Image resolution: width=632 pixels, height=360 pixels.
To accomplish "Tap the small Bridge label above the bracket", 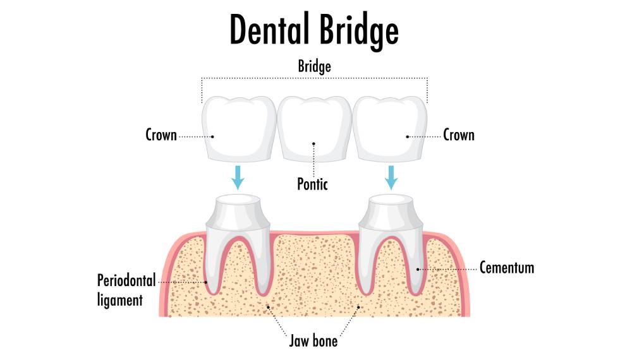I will click(315, 66).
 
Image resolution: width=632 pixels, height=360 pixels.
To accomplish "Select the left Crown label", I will click(161, 135).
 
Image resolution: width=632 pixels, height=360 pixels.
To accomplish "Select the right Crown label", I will click(459, 135).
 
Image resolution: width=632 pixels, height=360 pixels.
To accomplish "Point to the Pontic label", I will click(313, 184).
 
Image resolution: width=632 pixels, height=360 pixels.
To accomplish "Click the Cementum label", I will click(507, 268).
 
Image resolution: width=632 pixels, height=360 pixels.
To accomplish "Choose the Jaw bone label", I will click(314, 342).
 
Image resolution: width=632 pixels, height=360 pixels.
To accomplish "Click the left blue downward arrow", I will click(238, 177).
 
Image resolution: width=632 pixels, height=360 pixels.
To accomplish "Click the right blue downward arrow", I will click(392, 177).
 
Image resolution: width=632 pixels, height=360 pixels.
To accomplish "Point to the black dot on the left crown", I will click(213, 136).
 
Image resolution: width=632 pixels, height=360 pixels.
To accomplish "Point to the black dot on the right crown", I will click(408, 136).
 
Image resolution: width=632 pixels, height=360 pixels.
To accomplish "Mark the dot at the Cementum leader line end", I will click(418, 268).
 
